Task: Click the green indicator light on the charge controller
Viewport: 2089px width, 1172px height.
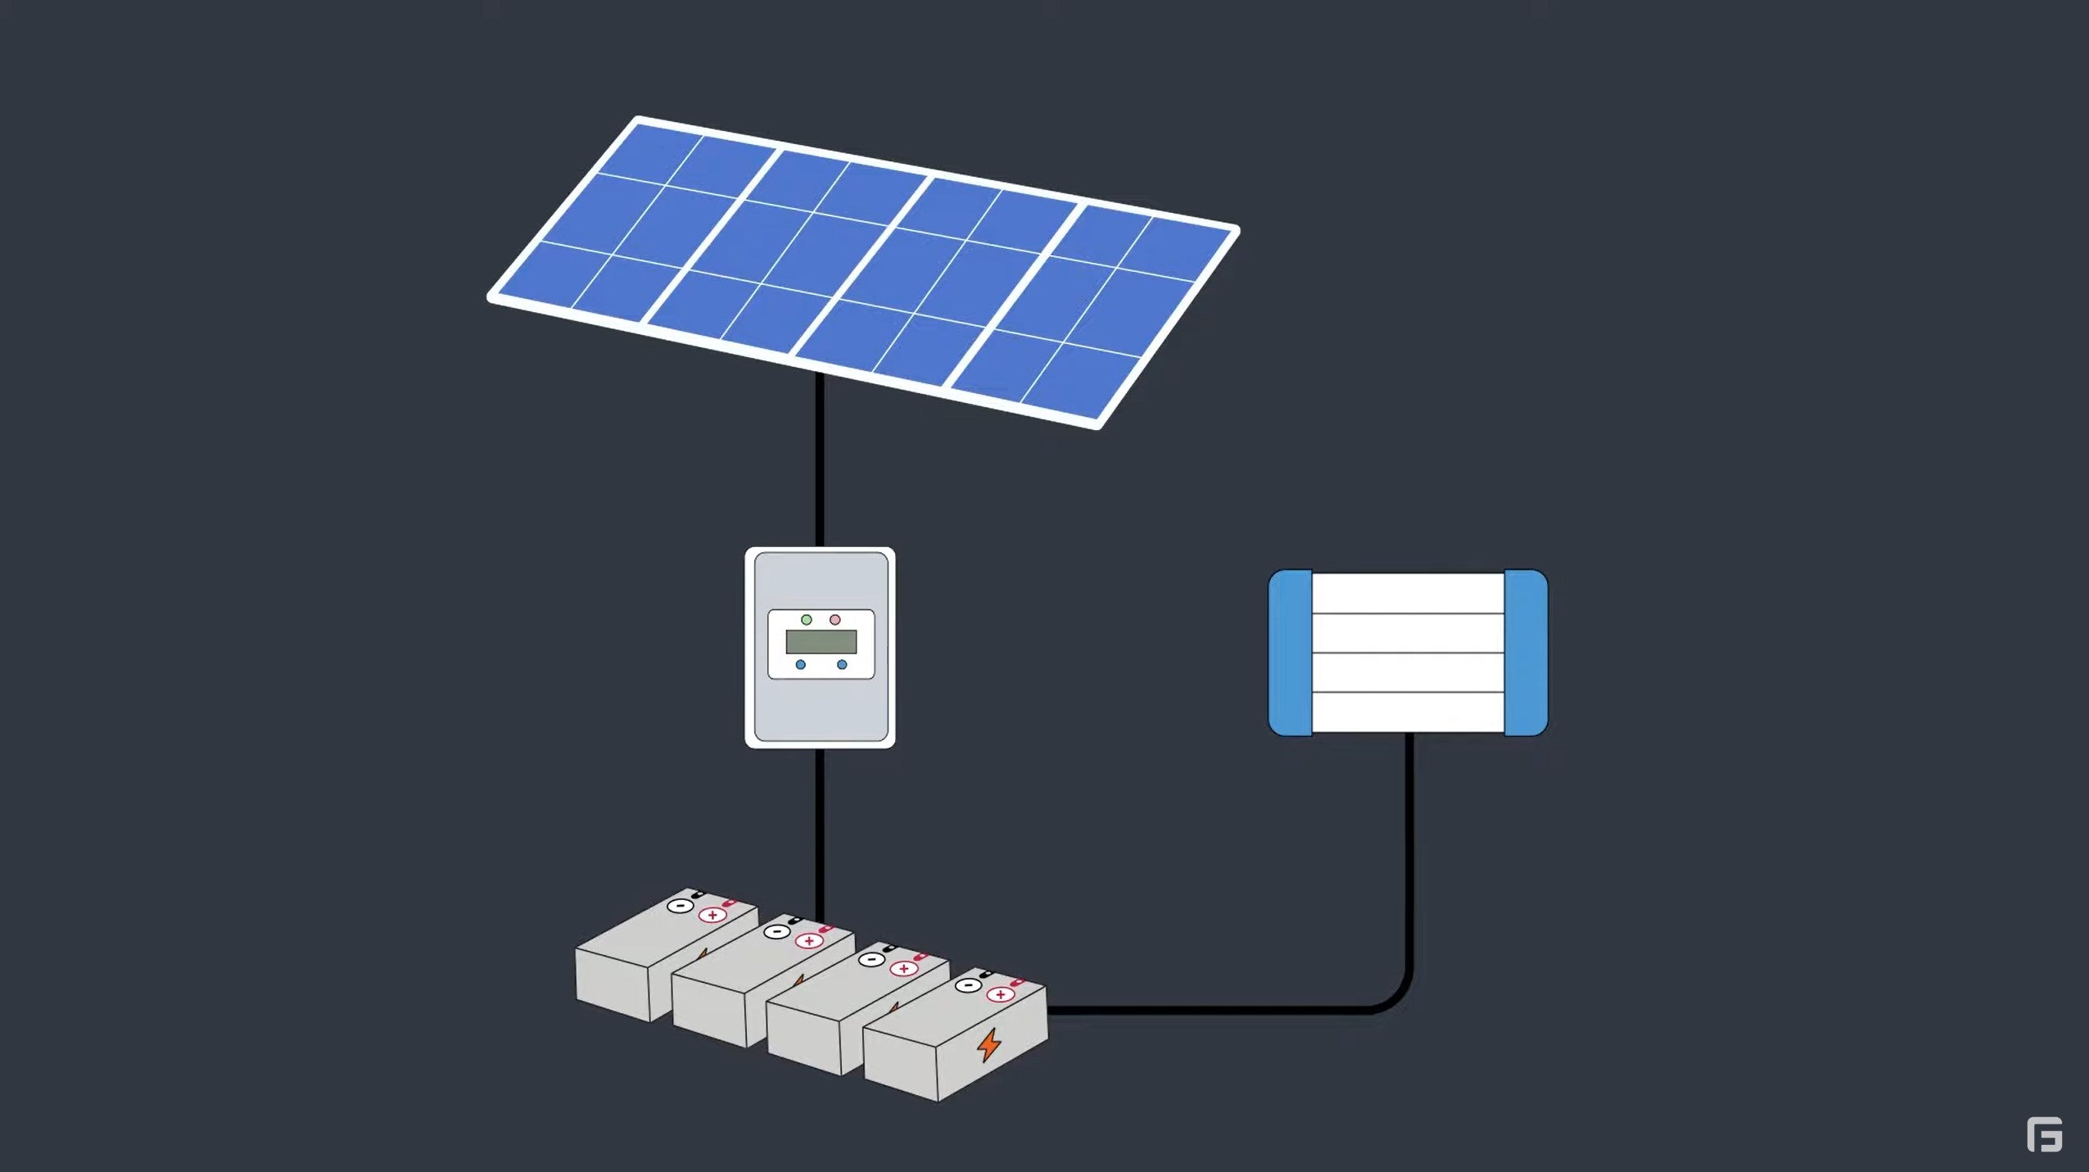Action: point(807,620)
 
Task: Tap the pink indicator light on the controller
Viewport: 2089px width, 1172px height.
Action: point(835,620)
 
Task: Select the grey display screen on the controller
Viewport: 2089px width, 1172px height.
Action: point(821,642)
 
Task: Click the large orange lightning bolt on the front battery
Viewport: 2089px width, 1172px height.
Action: point(989,1045)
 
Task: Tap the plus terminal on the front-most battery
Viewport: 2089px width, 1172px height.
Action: point(1000,995)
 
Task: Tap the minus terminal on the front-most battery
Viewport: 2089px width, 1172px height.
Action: point(966,985)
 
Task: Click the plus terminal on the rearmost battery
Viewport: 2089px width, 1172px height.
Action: point(712,915)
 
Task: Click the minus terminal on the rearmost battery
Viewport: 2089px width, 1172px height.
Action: point(679,906)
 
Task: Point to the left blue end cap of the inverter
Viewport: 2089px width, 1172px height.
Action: point(1291,653)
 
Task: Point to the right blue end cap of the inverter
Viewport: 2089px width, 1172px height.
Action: point(1526,653)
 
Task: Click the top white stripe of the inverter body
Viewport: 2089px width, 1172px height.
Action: point(1408,593)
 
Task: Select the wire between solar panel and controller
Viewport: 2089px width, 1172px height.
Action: point(820,459)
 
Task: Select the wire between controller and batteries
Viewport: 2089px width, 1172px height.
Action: point(820,827)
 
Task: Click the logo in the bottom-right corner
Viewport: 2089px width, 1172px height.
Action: point(2044,1134)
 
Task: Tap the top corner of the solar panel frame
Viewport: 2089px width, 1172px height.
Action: point(639,120)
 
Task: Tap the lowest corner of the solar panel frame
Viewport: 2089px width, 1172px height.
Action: point(1098,425)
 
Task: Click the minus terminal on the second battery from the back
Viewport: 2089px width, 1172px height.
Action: point(776,931)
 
